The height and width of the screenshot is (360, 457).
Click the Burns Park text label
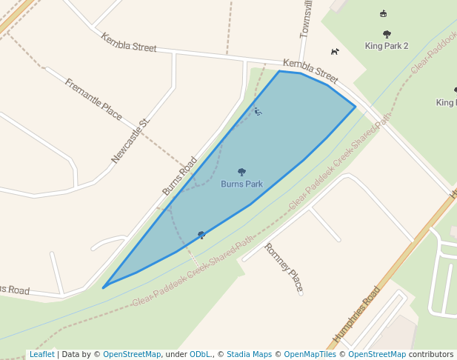[241, 184]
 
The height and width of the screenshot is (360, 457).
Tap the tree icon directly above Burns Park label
[241, 172]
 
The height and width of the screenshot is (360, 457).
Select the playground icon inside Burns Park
[258, 112]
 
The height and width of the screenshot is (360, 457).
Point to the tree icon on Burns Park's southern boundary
[201, 235]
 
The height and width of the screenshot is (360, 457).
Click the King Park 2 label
[387, 46]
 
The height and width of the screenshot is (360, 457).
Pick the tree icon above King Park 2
[387, 34]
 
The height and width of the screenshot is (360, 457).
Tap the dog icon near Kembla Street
[335, 51]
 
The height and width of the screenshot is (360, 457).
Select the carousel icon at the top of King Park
[383, 13]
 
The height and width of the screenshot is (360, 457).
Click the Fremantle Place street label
[93, 99]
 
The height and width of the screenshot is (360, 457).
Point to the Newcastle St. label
[130, 140]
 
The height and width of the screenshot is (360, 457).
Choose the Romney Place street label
[284, 268]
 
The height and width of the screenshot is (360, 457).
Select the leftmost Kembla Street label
[129, 42]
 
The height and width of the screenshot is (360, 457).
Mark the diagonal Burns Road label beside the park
[180, 176]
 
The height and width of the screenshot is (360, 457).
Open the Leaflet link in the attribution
[41, 354]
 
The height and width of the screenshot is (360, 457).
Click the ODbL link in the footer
[200, 354]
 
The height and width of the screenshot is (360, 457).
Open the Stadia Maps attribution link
[249, 354]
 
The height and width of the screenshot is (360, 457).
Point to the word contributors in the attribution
[431, 354]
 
